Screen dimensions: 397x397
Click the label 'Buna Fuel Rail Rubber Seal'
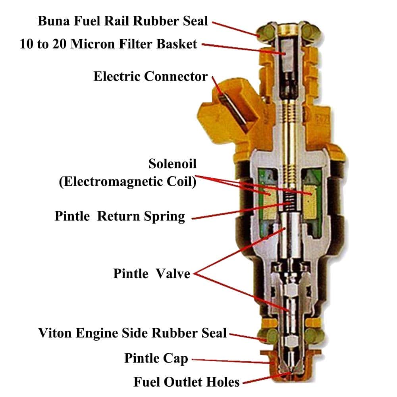click(x=123, y=21)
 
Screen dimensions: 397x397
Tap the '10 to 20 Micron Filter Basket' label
click(x=108, y=44)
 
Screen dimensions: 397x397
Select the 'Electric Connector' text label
click(x=150, y=76)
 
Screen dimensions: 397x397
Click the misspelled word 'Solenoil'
click(x=172, y=164)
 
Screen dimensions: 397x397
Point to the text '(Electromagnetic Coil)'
click(x=127, y=181)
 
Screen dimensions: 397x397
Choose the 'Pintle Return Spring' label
click(x=120, y=216)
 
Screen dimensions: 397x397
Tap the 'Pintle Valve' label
click(x=152, y=274)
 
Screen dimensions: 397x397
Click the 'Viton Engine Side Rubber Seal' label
click(x=133, y=333)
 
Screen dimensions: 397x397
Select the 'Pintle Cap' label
click(x=156, y=358)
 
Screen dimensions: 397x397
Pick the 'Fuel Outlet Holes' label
click(x=186, y=382)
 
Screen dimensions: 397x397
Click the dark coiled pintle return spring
click(x=289, y=201)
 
